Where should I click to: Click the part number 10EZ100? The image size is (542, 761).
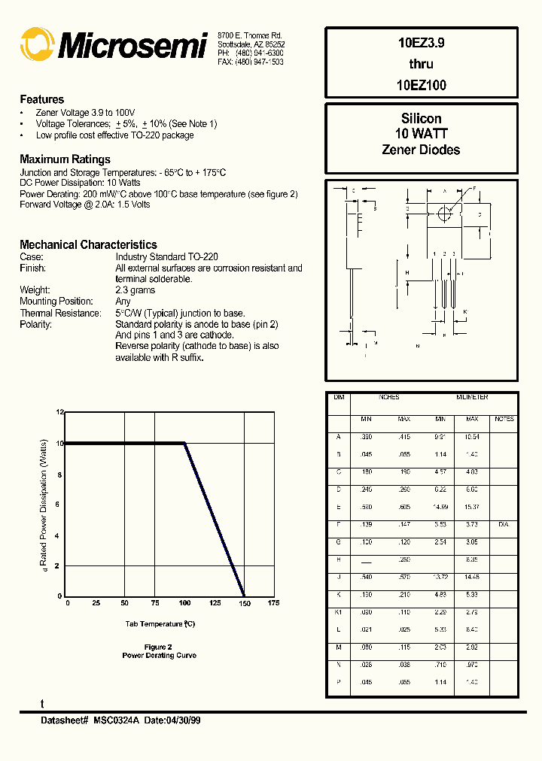pyautogui.click(x=421, y=85)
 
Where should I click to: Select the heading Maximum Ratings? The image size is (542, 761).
pyautogui.click(x=65, y=159)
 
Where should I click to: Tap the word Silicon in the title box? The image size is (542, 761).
pyautogui.click(x=421, y=119)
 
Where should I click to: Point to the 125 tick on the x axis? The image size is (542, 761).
pyautogui.click(x=215, y=603)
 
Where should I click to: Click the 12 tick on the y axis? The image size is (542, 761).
pyautogui.click(x=61, y=412)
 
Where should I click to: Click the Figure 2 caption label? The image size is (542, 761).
pyautogui.click(x=159, y=647)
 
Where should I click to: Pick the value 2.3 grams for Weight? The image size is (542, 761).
pyautogui.click(x=135, y=290)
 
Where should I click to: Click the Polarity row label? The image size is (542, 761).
pyautogui.click(x=35, y=324)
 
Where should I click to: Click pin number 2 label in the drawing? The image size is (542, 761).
pyautogui.click(x=444, y=253)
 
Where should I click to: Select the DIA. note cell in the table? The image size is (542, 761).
pyautogui.click(x=504, y=523)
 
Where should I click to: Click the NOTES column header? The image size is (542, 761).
pyautogui.click(x=504, y=419)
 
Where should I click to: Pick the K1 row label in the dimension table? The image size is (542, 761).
pyautogui.click(x=339, y=612)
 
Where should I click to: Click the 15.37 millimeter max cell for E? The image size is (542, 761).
pyautogui.click(x=472, y=506)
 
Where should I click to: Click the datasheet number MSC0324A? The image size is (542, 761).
pyautogui.click(x=116, y=720)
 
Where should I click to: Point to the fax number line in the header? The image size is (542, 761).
pyautogui.click(x=250, y=62)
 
